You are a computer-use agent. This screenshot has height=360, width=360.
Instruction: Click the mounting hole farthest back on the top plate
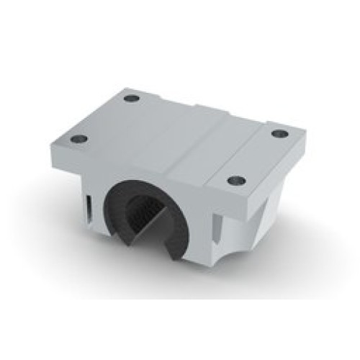(130, 98)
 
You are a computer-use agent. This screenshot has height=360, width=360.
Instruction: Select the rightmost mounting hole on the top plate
(277, 133)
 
